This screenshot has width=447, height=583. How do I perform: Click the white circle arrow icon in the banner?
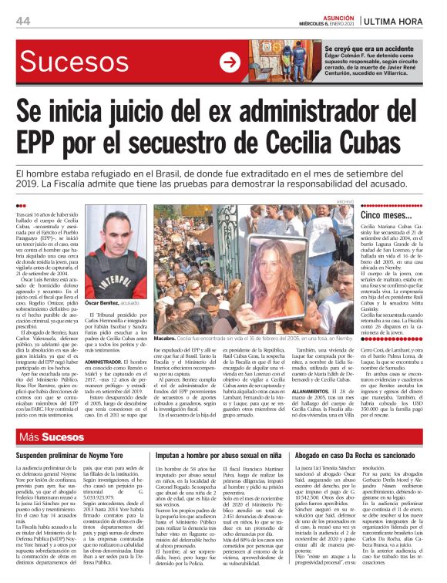pos(229,63)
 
